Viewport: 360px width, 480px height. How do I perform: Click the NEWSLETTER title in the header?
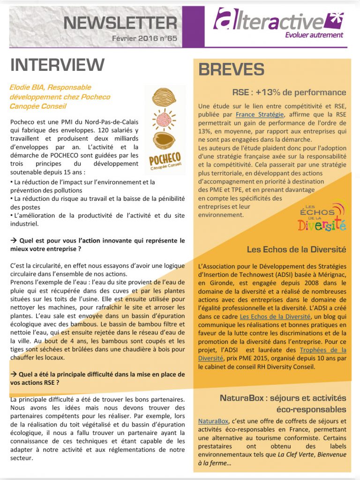(120, 22)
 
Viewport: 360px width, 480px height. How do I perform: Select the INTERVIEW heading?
(57, 65)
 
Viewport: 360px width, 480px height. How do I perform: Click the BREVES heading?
(232, 69)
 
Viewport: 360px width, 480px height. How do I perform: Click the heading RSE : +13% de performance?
(289, 92)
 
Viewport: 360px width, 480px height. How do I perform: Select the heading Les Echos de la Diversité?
(296, 250)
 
